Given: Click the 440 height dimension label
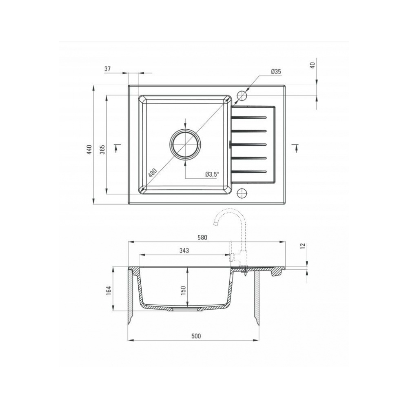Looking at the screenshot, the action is point(89,150).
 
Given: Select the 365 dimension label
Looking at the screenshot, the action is point(102,149).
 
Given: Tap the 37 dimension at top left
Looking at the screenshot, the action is point(107,69).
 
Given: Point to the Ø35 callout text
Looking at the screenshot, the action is point(276,71).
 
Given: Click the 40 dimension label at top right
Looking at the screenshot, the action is point(313,65).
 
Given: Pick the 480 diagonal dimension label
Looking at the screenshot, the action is point(153,173).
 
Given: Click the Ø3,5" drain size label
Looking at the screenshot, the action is point(211,175).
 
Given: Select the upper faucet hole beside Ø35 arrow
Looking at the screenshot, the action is point(242,95).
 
